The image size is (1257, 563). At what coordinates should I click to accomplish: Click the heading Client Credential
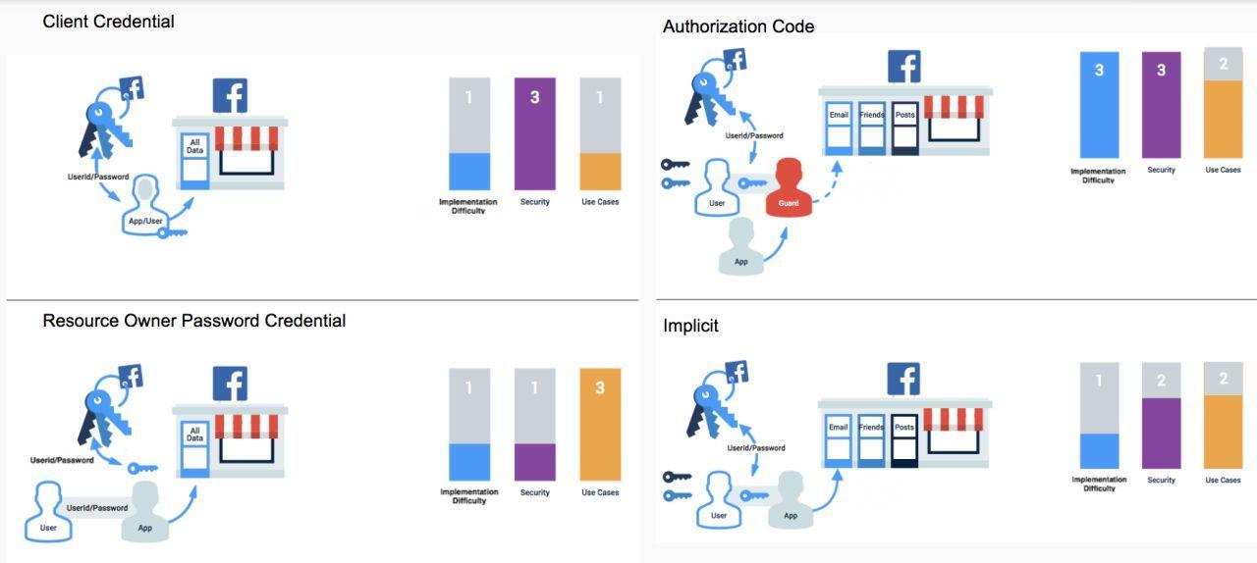pos(108,22)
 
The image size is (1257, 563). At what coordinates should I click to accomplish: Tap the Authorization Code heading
pos(738,26)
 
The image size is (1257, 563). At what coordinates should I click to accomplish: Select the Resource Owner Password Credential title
pos(193,321)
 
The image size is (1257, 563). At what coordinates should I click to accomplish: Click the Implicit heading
pos(690,326)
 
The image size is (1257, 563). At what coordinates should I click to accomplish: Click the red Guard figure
pos(789,185)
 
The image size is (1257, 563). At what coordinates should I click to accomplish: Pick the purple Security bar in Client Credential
pos(534,133)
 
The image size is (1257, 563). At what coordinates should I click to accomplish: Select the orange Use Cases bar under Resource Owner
pos(600,425)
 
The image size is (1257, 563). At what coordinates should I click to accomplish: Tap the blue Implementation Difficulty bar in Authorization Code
pos(1099,105)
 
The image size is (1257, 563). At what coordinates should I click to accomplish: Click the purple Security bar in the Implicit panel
pos(1161,433)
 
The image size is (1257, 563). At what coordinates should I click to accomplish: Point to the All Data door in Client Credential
pos(194,157)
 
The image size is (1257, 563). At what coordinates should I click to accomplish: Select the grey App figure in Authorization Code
pos(741,245)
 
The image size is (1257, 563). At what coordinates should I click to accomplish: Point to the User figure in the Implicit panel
pos(719,499)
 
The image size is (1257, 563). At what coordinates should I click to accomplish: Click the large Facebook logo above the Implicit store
pos(903,379)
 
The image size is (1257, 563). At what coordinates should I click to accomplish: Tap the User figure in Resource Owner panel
pos(48,511)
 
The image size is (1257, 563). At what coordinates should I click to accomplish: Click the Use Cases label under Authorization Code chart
pos(1223,170)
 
